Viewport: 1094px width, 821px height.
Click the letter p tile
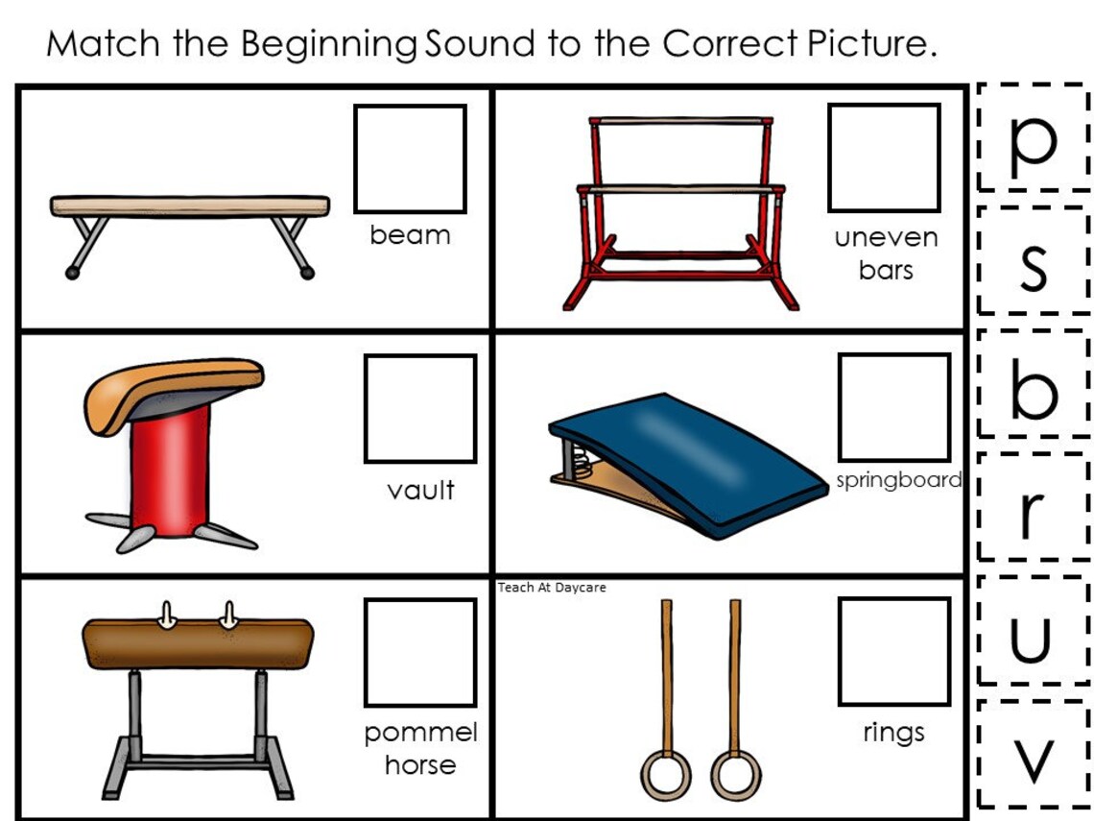click(x=1034, y=137)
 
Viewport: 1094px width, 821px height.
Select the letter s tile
click(x=1034, y=260)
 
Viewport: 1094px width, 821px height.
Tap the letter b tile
click(x=1034, y=383)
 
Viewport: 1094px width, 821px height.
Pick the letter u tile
click(x=1034, y=630)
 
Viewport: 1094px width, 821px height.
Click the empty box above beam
click(x=411, y=158)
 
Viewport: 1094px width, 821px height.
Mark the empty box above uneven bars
click(x=884, y=157)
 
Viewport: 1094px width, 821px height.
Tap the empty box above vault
click(x=420, y=408)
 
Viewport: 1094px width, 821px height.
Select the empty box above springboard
click(x=894, y=407)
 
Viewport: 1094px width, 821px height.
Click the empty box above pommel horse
click(x=420, y=652)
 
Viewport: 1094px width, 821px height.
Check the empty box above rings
click(x=894, y=651)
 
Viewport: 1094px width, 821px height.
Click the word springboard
click(x=898, y=480)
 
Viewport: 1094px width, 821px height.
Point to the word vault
click(x=420, y=490)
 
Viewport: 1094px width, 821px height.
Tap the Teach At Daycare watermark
click(x=552, y=588)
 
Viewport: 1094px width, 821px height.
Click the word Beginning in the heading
click(x=329, y=45)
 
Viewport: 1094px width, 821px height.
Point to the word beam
click(x=411, y=235)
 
